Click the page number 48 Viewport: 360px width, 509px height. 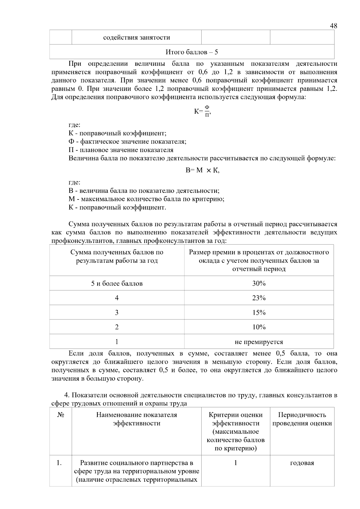tap(333, 26)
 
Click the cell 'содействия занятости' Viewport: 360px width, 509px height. tap(136, 37)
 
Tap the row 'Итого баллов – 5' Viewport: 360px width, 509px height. tap(192, 52)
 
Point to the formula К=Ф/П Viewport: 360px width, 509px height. tap(202, 111)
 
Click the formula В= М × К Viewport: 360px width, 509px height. tap(202, 170)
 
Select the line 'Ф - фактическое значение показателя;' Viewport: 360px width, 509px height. tap(127, 142)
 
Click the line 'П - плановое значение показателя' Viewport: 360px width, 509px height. tap(121, 150)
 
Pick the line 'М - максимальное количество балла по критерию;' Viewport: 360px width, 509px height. tap(146, 199)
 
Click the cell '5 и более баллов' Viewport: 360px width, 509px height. tap(117, 283)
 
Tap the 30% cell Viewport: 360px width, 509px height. tap(259, 283)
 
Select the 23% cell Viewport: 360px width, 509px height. tap(259, 298)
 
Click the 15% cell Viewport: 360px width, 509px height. tap(259, 313)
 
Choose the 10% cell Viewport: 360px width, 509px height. tap(259, 327)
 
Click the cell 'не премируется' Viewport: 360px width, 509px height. tap(259, 342)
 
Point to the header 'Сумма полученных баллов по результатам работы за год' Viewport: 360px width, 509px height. tap(117, 256)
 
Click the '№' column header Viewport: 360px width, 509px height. tap(60, 415)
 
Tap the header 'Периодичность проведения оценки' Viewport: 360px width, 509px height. tap(302, 419)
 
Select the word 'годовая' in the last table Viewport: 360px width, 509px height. tap(302, 463)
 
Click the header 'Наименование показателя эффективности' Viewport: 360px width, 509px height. tap(136, 419)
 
